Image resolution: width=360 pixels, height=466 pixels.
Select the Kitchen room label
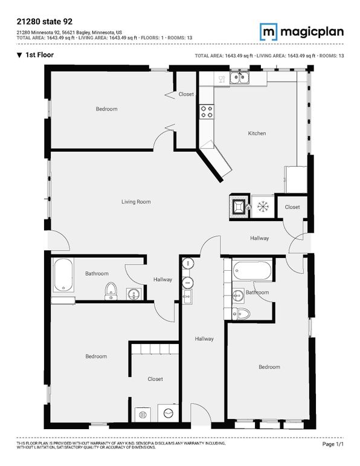point(257,133)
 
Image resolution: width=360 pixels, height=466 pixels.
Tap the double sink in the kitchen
point(240,77)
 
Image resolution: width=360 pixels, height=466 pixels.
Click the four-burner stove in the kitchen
point(207,111)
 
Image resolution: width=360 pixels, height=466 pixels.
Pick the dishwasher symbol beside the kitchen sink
point(222,78)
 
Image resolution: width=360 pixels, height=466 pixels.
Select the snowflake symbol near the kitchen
point(262,206)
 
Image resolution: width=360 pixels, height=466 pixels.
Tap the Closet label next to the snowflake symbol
point(292,207)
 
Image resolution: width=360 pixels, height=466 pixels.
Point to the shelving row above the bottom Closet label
point(155,349)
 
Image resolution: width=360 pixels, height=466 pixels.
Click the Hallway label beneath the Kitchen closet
point(260,238)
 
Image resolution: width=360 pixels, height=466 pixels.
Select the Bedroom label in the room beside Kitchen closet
point(106,109)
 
